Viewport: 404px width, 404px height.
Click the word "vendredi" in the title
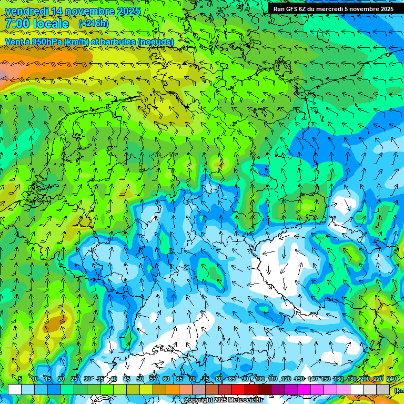26,11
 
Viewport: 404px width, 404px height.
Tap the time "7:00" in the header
16,24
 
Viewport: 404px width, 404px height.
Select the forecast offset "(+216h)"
93,24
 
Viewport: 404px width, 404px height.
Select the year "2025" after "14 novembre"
128,11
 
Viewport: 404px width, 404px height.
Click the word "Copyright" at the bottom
198,400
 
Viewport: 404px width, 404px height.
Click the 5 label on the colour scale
20,379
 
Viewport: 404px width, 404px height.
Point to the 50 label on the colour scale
139,379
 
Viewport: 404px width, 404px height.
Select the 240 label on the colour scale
391,379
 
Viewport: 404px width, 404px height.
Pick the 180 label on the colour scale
351,379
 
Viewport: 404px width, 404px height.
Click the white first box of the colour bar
14,389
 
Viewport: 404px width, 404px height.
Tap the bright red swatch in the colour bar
238,389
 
